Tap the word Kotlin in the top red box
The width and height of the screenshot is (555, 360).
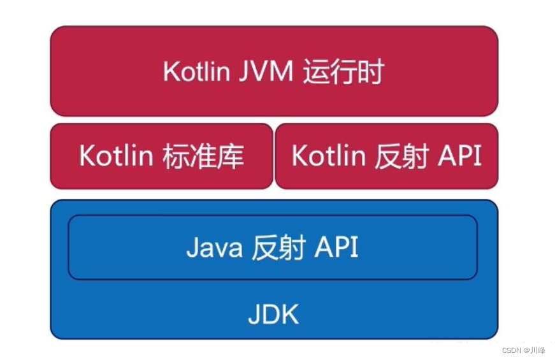196,72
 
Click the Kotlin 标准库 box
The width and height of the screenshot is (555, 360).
161,156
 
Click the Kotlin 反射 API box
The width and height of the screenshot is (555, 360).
386,156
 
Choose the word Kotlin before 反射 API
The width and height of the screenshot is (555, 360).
328,156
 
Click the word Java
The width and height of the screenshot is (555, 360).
214,247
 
